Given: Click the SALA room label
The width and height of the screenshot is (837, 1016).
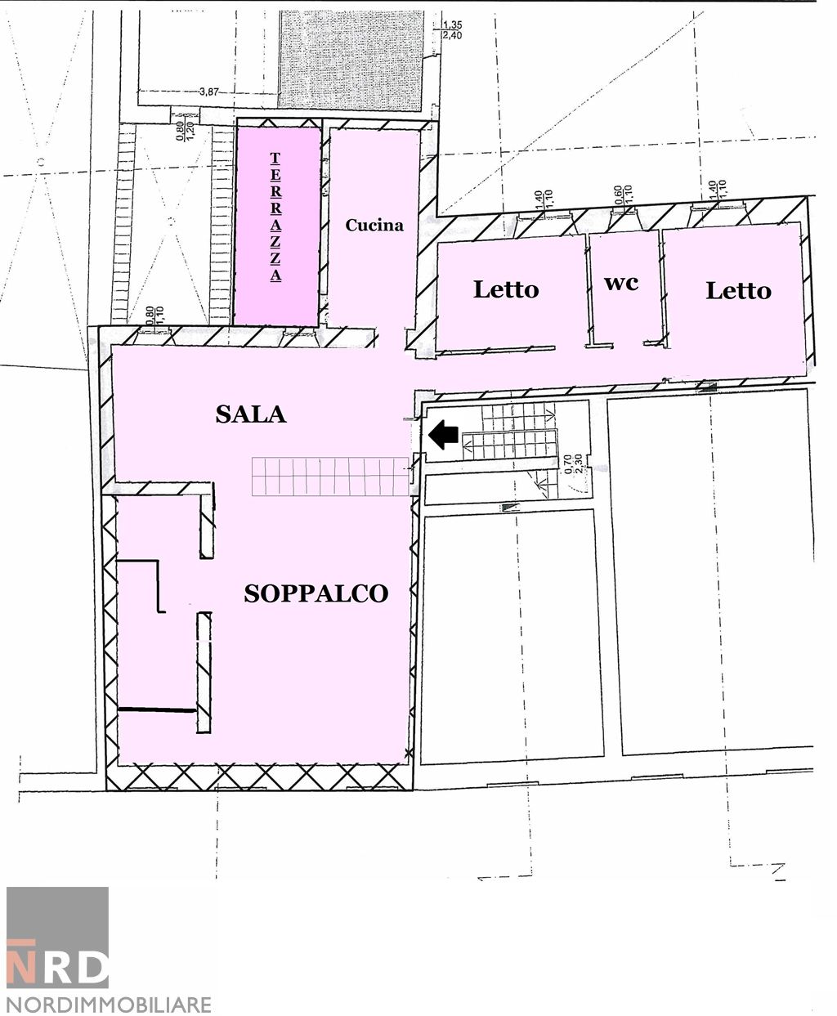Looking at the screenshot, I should click(x=251, y=414).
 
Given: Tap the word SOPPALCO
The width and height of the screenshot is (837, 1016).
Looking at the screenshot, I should click(x=316, y=594).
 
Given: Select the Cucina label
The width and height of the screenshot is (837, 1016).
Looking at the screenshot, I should click(x=374, y=226).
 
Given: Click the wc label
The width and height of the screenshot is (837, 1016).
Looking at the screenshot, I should click(x=621, y=284).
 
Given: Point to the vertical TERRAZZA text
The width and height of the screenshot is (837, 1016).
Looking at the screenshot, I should click(x=275, y=217).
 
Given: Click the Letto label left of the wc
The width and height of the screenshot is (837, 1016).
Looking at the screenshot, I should click(x=506, y=289).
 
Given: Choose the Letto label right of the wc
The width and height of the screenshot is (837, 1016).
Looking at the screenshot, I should click(x=738, y=290).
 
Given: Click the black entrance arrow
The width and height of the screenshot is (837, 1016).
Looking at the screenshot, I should click(x=443, y=434).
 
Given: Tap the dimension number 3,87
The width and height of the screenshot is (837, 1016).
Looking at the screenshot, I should click(x=209, y=92).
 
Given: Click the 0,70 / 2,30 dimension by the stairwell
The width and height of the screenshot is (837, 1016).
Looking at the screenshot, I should click(x=574, y=465).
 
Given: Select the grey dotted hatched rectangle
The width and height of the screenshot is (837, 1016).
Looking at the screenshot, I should click(x=351, y=60).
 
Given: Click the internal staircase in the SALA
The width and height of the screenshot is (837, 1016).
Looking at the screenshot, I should click(x=330, y=477).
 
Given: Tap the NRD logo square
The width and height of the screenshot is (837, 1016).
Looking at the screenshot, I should click(x=57, y=937).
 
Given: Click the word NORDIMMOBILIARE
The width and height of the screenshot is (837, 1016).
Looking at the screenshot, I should click(x=109, y=1005).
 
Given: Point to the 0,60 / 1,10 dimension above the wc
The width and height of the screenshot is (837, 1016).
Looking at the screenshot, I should click(x=624, y=196).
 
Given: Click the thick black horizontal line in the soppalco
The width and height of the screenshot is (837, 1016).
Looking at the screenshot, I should click(x=158, y=709).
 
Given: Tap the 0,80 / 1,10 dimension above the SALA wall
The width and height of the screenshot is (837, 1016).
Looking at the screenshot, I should click(x=155, y=316).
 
